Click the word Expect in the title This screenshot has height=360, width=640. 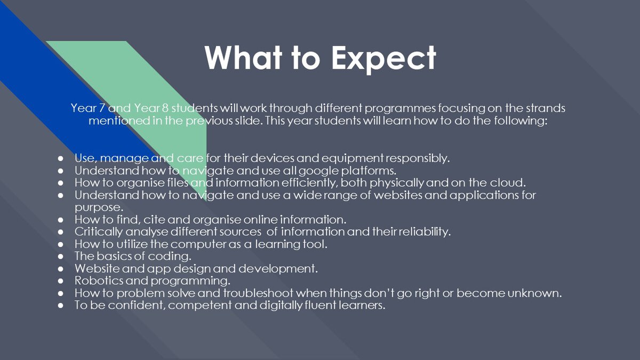(383, 59)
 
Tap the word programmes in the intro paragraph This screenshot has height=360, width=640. (400, 109)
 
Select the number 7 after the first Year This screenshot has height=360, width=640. (102, 108)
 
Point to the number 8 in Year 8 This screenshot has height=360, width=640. (165, 108)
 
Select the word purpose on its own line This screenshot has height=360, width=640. (99, 207)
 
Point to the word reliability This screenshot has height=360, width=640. (425, 231)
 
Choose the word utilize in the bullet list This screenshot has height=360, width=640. (132, 244)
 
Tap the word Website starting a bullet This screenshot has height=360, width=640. (97, 269)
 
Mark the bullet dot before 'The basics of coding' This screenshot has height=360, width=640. (60, 257)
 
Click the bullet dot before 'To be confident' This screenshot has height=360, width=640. (60, 306)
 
